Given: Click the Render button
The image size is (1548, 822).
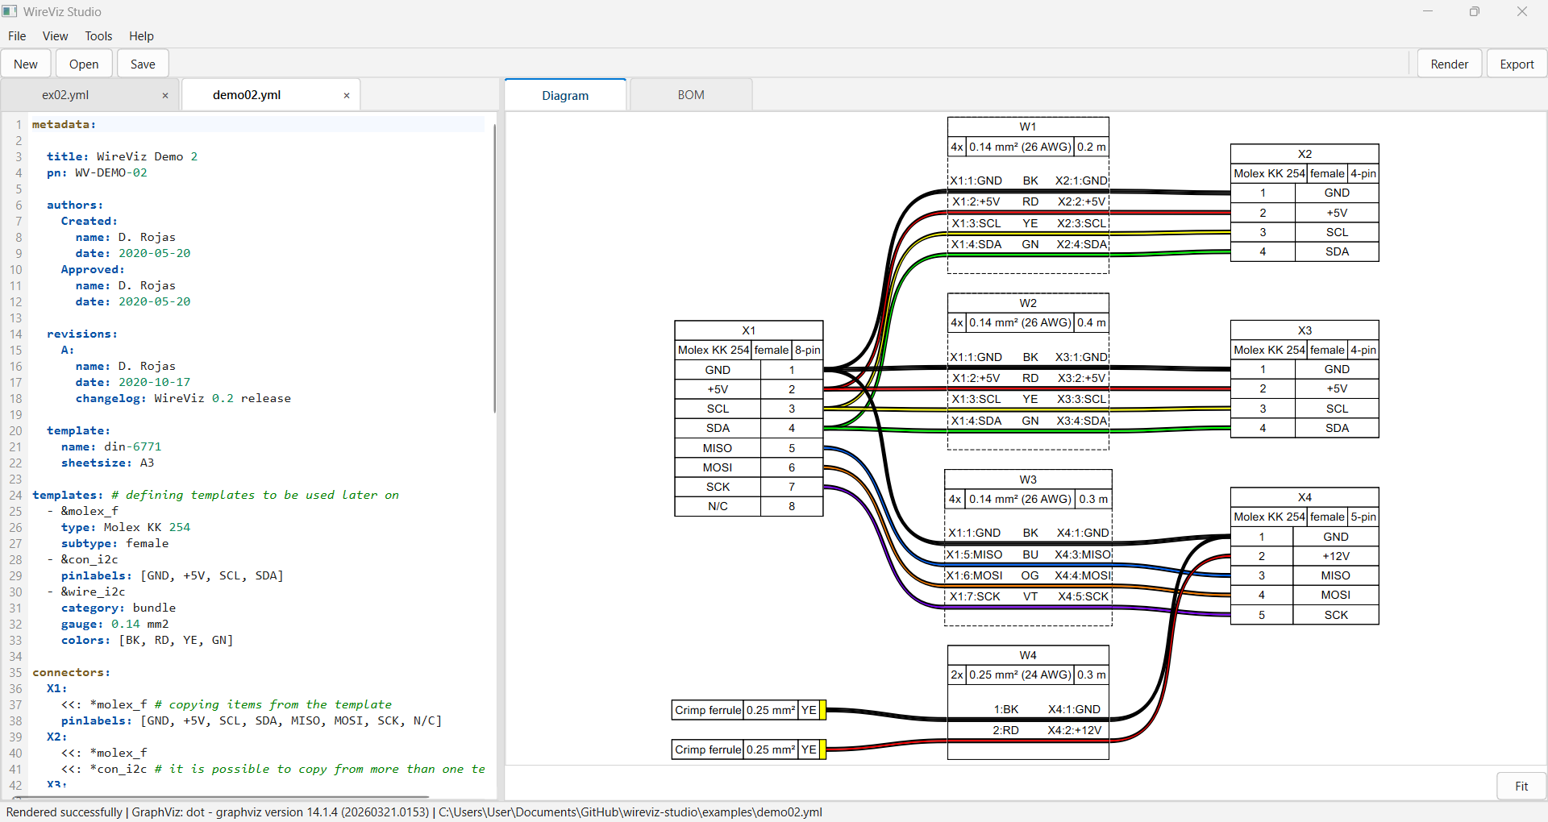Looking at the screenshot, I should [x=1449, y=64].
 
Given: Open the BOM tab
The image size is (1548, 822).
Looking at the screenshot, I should [x=691, y=95].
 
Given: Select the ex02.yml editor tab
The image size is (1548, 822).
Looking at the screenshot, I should [x=66, y=95].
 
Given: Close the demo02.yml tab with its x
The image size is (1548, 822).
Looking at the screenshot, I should [x=347, y=96].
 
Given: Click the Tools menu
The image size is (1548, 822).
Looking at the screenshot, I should [x=98, y=36].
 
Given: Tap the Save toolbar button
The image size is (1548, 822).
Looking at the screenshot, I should [x=143, y=64].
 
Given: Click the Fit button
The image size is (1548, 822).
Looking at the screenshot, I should [x=1521, y=787].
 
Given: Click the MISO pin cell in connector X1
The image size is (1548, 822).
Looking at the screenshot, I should [x=718, y=448].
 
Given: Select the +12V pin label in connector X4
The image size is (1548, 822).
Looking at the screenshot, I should [x=1335, y=556].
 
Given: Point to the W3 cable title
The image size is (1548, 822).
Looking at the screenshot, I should [x=1028, y=479].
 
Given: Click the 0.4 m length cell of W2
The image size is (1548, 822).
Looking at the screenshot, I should [x=1092, y=323].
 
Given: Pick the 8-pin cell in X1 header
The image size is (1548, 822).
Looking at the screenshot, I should [x=807, y=350].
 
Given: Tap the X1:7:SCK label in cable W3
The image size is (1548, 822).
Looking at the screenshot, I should [x=975, y=596].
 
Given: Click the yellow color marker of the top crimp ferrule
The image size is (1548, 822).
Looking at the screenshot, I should [x=822, y=710].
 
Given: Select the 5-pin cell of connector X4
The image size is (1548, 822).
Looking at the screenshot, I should [x=1363, y=517].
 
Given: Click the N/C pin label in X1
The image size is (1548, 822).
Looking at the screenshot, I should [x=718, y=507].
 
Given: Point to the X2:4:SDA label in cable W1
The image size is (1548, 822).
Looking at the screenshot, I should [x=1081, y=244].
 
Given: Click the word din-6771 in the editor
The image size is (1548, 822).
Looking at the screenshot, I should [x=132, y=446].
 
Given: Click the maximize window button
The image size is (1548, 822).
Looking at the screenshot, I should [x=1475, y=12].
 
